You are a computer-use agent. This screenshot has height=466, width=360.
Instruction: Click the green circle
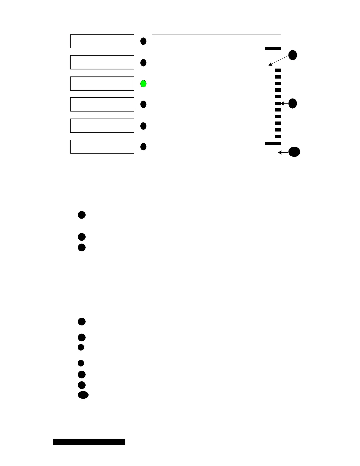coord(143,84)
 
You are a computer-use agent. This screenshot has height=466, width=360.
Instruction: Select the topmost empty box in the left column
coord(102,41)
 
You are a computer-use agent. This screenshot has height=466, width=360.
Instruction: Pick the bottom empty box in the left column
coord(102,147)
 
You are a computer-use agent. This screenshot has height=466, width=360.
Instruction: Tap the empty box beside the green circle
coord(102,84)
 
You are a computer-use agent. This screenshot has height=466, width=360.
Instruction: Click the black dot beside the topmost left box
coord(143,41)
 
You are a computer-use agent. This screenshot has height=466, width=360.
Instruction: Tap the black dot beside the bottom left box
coord(143,147)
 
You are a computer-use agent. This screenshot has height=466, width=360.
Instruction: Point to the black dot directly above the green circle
coord(143,63)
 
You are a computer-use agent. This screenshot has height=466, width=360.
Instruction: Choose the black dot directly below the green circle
coord(143,104)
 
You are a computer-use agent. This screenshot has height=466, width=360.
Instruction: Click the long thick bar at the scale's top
coord(273,49)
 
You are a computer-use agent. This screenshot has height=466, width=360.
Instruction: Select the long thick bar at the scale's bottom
coord(273,143)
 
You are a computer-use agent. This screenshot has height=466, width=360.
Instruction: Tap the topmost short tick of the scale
coord(278,70)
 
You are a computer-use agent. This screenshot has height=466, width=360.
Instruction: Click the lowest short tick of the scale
coord(278,136)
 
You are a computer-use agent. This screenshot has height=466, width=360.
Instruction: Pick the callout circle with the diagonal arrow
coord(292,55)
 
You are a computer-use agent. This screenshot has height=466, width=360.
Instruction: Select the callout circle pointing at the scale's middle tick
coord(292,104)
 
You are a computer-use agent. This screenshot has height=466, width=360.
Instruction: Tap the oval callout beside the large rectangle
coord(294,152)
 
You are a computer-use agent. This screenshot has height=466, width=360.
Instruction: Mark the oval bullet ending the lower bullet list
coord(83,395)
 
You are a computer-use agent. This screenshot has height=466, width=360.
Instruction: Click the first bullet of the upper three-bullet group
coord(82,215)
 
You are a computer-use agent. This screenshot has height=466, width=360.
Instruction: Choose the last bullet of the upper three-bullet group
coord(82,247)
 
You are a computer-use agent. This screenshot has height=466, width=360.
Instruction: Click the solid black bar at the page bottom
coord(89,442)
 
